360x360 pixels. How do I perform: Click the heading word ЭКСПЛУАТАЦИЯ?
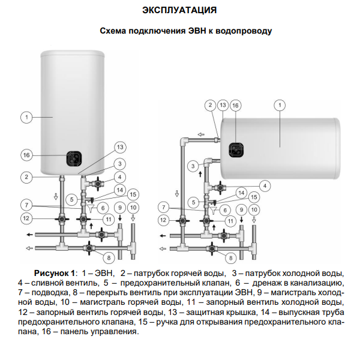pyautogui.click(x=179, y=10)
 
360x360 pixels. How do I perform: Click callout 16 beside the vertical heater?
pyautogui.click(x=26, y=155)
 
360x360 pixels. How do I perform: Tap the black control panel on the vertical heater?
pyautogui.click(x=74, y=158)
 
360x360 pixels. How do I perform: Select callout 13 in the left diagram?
pyautogui.click(x=120, y=147)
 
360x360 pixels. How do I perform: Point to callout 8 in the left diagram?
pyautogui.click(x=109, y=258)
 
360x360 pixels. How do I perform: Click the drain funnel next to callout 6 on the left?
pyautogui.click(x=91, y=208)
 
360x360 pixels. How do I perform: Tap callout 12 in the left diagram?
pyautogui.click(x=26, y=218)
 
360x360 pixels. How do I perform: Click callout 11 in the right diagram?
pyautogui.click(x=230, y=221)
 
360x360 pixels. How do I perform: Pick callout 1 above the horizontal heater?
pyautogui.click(x=280, y=105)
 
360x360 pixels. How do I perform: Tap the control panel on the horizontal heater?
pyautogui.click(x=236, y=150)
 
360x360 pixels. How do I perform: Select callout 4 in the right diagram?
pyautogui.click(x=265, y=186)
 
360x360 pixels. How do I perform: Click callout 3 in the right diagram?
pyautogui.click(x=193, y=166)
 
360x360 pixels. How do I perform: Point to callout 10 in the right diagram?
pyautogui.click(x=254, y=209)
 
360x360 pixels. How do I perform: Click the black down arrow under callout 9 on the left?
pyautogui.click(x=120, y=218)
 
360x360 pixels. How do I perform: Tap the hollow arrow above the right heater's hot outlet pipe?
pyautogui.click(x=201, y=134)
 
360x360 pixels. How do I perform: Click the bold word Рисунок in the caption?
pyautogui.click(x=55, y=273)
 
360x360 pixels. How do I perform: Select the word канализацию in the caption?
pyautogui.click(x=317, y=283)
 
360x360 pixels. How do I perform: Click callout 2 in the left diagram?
pyautogui.click(x=26, y=177)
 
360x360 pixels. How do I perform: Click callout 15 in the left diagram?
pyautogui.click(x=133, y=194)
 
